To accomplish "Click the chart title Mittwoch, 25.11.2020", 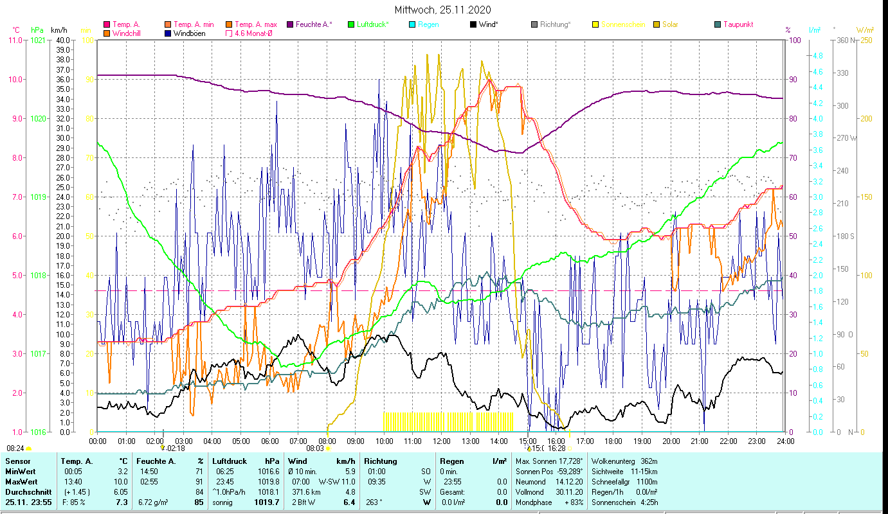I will tap(443, 10).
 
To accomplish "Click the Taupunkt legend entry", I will tap(737, 24).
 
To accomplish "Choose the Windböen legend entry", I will tap(189, 33).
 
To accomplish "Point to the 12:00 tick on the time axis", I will tap(442, 441).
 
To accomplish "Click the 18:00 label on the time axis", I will tap(613, 441).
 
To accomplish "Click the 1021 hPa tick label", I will tap(38, 40).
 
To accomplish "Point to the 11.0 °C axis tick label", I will tap(15, 40).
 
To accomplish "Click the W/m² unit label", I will tap(865, 30).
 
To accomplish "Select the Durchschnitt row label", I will tap(25, 492).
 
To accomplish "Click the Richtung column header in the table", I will tap(380, 461).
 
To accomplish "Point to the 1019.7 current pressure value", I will tap(268, 502).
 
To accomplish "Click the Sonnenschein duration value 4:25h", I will tap(649, 502).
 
